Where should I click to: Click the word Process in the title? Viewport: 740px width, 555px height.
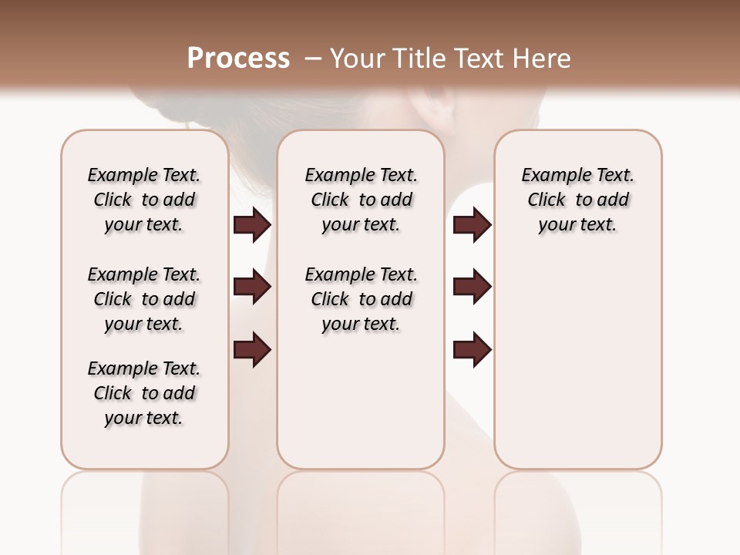[238, 59]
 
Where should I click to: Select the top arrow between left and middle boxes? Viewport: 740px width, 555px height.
[252, 225]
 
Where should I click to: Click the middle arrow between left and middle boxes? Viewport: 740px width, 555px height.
[252, 288]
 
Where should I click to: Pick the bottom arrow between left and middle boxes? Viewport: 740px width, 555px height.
[252, 350]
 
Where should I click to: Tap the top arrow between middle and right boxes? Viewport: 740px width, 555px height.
[473, 225]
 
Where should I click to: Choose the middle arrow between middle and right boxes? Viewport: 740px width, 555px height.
[473, 288]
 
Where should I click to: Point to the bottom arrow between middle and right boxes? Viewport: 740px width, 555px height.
[473, 350]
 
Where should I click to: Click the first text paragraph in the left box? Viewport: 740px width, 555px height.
[144, 200]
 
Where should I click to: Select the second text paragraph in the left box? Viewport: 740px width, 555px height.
[144, 299]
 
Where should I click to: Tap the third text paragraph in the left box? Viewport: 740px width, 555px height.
[144, 393]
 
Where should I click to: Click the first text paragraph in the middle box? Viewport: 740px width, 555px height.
[361, 200]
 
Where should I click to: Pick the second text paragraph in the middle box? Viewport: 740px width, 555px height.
[361, 299]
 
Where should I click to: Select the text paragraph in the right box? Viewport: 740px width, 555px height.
[577, 200]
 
